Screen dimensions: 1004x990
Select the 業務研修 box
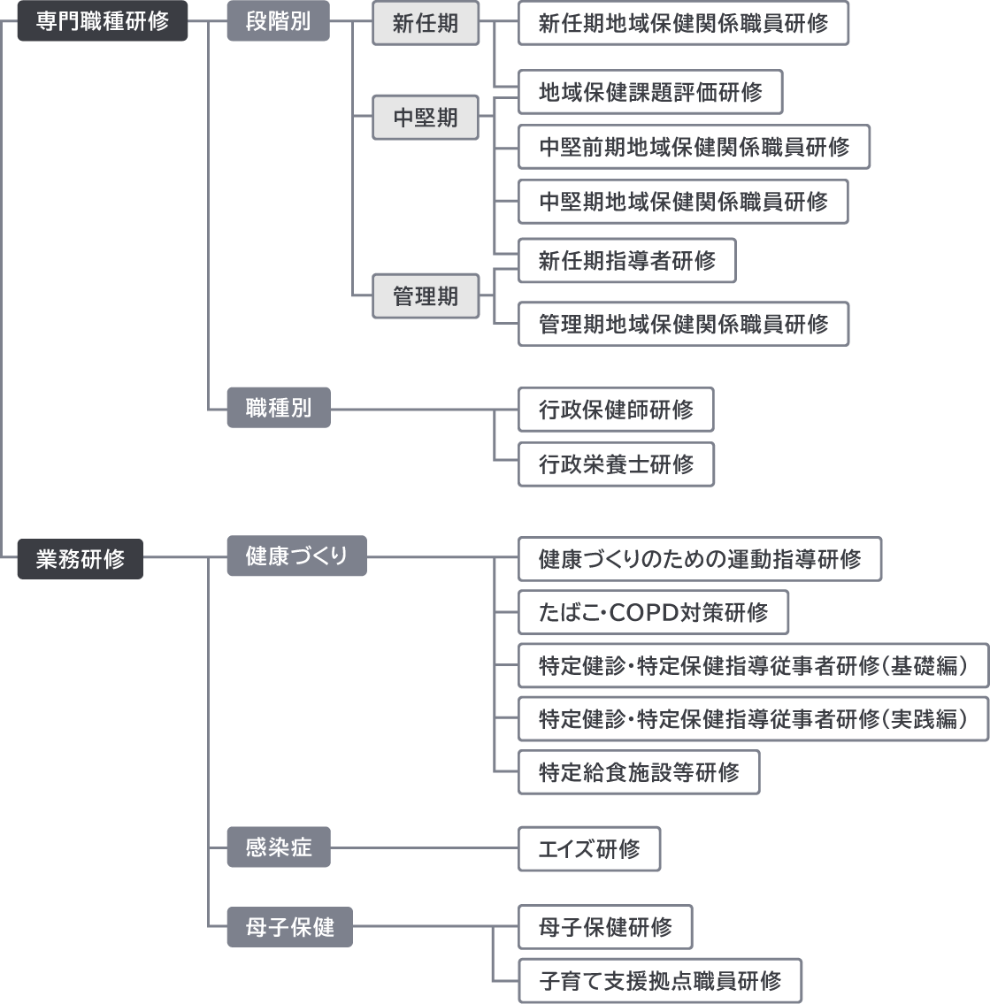81,559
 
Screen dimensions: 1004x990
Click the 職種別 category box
278,409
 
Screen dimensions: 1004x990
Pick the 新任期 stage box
426,23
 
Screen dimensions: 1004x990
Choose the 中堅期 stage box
426,118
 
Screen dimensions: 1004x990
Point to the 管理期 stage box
426,296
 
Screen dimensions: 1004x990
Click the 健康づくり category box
296,556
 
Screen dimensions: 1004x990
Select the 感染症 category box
278,847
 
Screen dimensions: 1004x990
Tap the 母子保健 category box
289,927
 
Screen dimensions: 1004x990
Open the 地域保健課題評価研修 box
650,92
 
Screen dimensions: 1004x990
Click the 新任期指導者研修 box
627,261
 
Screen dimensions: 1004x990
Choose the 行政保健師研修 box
616,410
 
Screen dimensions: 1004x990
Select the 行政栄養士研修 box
616,464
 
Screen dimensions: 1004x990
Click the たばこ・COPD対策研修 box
653,612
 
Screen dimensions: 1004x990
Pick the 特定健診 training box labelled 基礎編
753,666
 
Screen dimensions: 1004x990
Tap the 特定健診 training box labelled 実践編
753,719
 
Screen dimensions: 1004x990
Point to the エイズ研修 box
589,849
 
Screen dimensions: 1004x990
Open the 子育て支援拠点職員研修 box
660,980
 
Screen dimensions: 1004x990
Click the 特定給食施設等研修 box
639,772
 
